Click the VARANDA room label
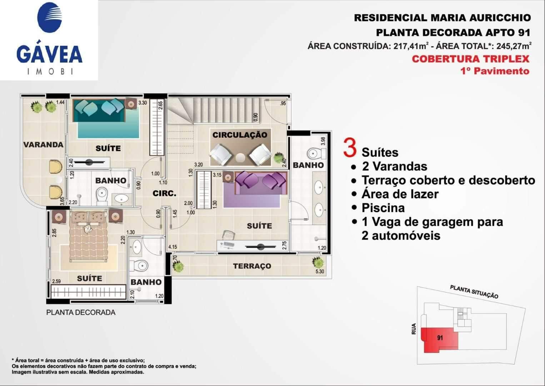tap(43, 145)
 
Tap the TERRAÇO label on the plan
tap(252, 266)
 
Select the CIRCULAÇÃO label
tap(240, 135)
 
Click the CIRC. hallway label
tap(164, 193)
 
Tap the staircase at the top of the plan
tap(214, 111)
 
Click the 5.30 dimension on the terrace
tap(320, 271)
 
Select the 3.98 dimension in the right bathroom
tap(323, 141)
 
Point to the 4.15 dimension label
tap(172, 247)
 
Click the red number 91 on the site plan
tap(440, 338)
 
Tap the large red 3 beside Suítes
tap(350, 148)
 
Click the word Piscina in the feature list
tap(383, 208)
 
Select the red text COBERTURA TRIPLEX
tap(471, 59)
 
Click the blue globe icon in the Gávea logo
tap(49, 18)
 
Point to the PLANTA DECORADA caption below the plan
tap(81, 312)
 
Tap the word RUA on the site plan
tap(414, 329)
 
